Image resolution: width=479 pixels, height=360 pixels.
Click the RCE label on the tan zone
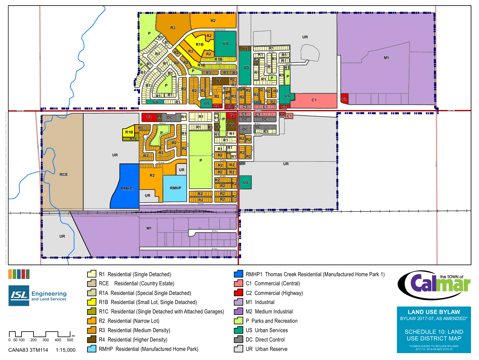(64, 174)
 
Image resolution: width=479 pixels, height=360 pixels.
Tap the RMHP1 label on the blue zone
(127, 189)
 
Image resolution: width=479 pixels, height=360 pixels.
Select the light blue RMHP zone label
(175, 188)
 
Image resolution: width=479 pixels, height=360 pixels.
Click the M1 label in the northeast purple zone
(386, 58)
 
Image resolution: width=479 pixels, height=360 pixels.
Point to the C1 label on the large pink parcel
(314, 100)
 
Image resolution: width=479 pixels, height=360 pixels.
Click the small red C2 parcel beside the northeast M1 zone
(344, 99)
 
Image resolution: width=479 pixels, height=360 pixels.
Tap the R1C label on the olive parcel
(134, 139)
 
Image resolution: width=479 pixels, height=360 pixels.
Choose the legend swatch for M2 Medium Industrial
(239, 311)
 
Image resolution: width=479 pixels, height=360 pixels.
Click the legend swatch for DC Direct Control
(239, 340)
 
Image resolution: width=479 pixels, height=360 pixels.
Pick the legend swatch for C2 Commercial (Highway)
(239, 293)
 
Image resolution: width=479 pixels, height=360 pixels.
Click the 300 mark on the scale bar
(46, 340)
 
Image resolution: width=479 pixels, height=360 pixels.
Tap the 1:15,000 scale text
(66, 350)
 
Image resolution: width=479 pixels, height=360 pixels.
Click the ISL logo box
(19, 295)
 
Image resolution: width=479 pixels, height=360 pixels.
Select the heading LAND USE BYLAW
(434, 312)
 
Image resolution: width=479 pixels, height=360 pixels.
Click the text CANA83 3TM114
(28, 350)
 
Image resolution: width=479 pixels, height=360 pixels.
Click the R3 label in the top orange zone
(173, 28)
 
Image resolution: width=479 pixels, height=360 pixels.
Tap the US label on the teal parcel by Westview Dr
(226, 43)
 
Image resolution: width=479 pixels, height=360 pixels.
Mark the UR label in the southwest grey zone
(62, 236)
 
